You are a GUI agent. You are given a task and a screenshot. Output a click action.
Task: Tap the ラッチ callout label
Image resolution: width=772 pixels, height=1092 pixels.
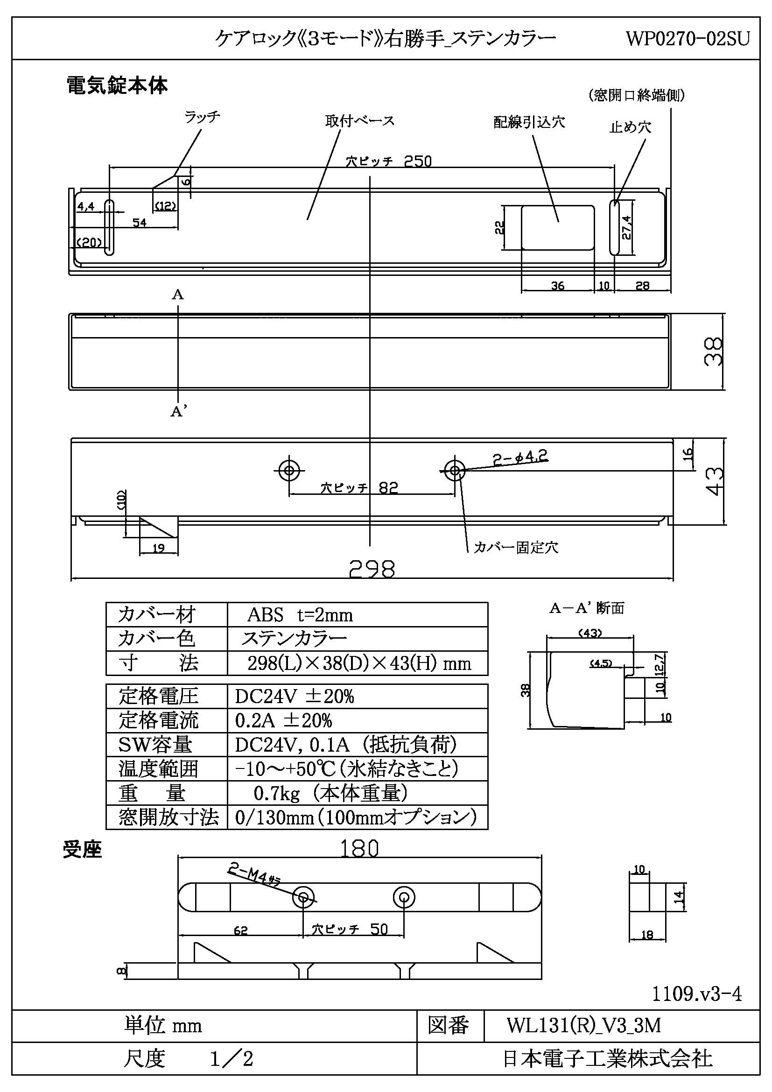[202, 117]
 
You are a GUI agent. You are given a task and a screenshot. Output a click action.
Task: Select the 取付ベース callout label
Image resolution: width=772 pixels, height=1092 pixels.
[360, 121]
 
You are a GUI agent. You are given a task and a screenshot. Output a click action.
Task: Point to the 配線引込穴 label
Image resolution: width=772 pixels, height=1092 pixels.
[529, 122]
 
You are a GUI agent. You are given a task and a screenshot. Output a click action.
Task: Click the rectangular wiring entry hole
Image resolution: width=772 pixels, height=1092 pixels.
[558, 227]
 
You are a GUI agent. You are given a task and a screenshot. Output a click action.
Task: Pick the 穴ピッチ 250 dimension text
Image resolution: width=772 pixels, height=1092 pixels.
[389, 161]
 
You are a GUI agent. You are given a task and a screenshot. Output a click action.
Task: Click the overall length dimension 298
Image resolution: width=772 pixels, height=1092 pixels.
[372, 568]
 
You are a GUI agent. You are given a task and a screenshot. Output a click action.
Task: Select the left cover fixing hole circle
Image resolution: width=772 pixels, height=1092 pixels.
[289, 471]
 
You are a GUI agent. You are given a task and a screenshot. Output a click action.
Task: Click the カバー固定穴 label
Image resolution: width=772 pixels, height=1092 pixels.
[516, 548]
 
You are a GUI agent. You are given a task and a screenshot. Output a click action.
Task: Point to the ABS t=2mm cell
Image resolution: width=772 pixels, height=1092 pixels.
[300, 615]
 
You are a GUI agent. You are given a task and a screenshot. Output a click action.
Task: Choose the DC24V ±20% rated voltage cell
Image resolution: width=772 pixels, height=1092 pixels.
[294, 696]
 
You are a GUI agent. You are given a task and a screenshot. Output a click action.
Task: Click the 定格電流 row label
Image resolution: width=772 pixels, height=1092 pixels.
[158, 720]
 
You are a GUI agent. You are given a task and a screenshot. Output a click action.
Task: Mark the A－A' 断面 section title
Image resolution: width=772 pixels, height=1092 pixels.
[587, 608]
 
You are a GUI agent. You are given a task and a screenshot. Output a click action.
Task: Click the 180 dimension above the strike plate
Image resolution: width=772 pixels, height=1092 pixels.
[359, 848]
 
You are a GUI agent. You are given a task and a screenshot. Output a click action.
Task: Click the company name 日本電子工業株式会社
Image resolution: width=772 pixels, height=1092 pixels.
[607, 1059]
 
